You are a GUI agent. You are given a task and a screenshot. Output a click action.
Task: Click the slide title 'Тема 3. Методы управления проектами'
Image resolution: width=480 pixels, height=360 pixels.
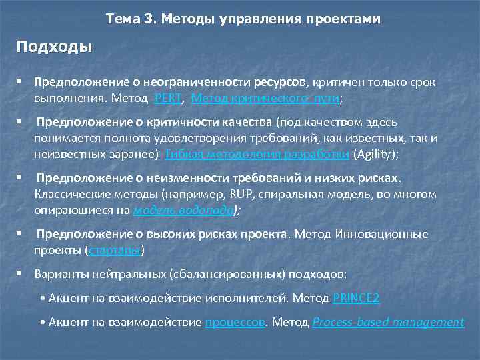243,19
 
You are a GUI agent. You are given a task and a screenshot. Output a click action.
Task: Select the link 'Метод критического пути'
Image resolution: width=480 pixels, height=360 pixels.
265,98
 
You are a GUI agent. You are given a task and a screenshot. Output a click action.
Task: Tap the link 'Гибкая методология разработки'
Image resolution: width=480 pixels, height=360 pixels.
256,154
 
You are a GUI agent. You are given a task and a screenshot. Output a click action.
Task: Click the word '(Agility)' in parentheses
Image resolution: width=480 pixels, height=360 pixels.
376,154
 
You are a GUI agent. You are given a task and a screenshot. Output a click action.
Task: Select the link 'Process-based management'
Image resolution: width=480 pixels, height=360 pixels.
387,322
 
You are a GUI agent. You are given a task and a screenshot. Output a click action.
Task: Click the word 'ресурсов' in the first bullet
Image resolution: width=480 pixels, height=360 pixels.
279,82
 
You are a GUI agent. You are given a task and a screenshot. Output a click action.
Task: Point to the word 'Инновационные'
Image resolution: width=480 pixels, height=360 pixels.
380,234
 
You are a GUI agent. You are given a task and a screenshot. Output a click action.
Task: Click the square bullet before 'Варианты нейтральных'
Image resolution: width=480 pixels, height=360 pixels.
21,274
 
